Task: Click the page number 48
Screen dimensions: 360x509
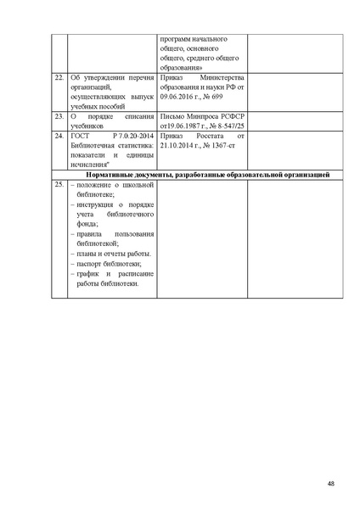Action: (330, 484)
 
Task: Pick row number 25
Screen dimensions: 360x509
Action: (58, 184)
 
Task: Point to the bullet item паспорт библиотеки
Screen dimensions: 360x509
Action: (105, 264)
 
